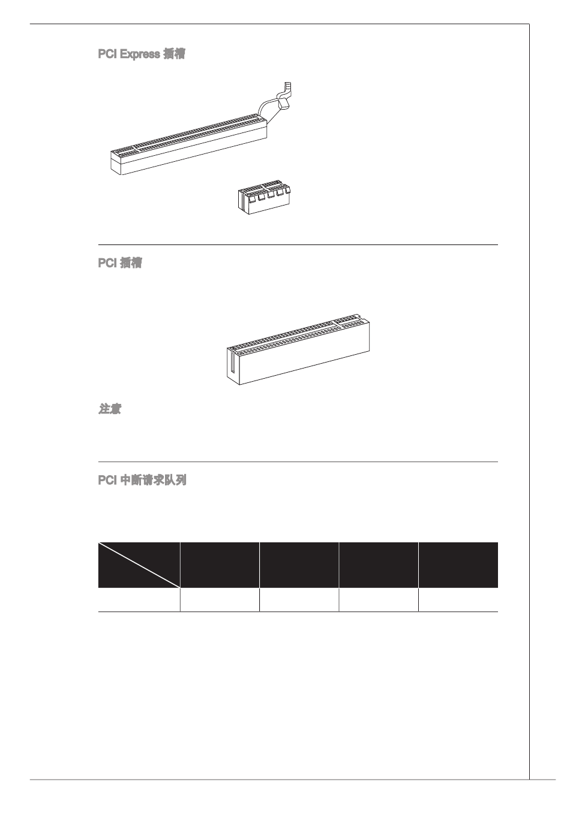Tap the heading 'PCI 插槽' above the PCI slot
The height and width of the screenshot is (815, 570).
tap(120, 263)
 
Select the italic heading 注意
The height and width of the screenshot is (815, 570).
tap(110, 410)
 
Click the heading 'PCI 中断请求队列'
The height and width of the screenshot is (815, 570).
tap(142, 481)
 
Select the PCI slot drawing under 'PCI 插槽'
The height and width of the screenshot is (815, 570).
tap(298, 350)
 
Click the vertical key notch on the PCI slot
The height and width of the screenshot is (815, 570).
tap(232, 366)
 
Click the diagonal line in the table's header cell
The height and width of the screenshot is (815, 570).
tap(139, 565)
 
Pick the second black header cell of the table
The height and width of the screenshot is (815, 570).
tap(220, 565)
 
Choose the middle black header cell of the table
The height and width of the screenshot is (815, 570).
tap(299, 565)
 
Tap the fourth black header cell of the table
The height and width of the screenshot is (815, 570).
tap(378, 565)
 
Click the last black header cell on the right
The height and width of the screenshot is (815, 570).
tap(458, 565)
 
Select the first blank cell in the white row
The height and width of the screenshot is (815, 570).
tap(139, 600)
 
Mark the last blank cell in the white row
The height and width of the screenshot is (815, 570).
tap(458, 600)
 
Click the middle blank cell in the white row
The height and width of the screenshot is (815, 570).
tap(299, 600)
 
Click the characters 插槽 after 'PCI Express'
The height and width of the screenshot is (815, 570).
tap(174, 55)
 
